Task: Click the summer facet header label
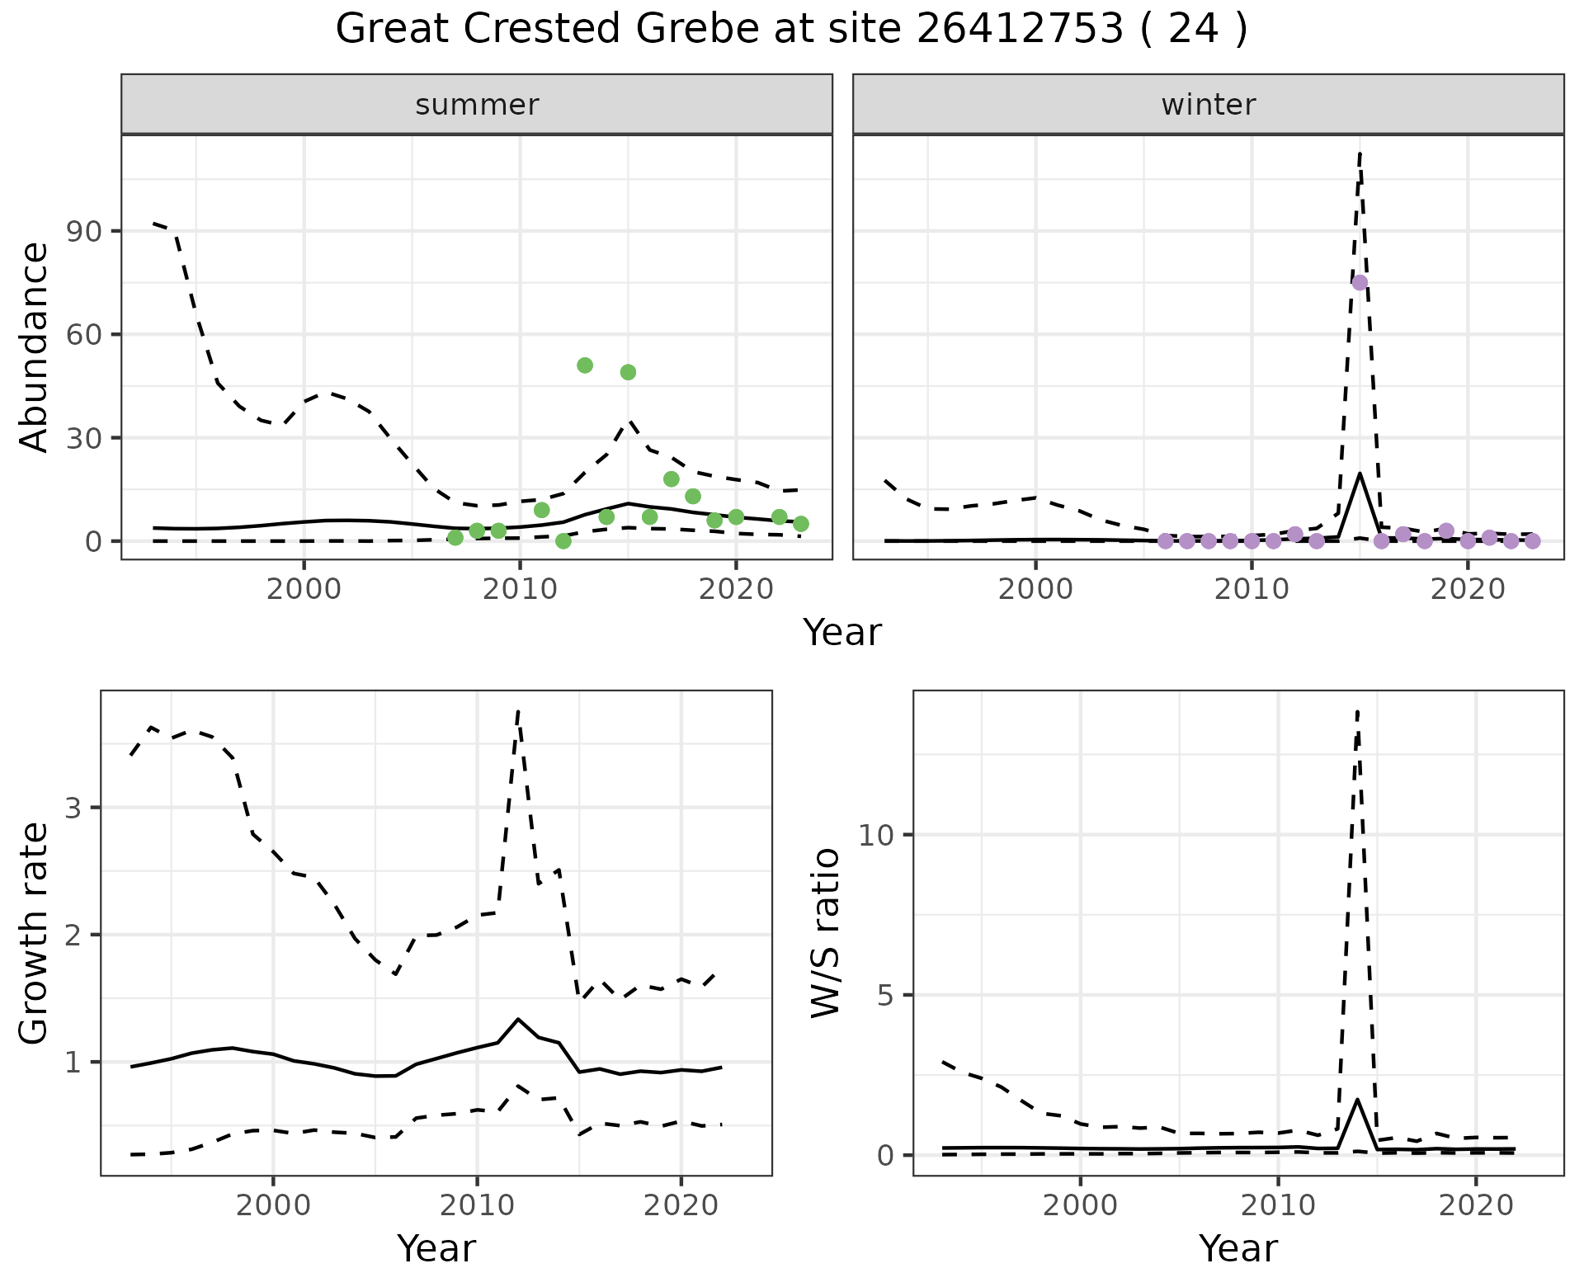click(477, 105)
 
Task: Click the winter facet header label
click(1208, 105)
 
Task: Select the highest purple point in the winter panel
click(1360, 282)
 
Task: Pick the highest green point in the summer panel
click(585, 365)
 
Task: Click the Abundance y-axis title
click(35, 346)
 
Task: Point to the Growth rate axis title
click(35, 932)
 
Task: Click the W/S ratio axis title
click(825, 932)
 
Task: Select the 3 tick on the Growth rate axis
click(73, 808)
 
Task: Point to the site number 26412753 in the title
click(1020, 30)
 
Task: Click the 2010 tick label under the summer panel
click(520, 589)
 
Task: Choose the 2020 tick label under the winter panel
click(1468, 589)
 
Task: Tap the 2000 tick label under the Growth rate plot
click(273, 1205)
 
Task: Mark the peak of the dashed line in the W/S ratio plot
click(1357, 711)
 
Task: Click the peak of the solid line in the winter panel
click(1360, 474)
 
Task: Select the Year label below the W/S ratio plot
click(1237, 1248)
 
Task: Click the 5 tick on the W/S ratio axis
click(884, 995)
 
